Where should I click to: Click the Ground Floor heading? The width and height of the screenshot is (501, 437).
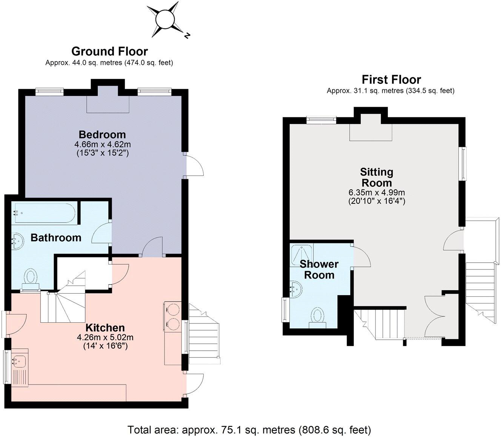point(109,51)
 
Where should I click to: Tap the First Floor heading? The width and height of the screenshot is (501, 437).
point(391,80)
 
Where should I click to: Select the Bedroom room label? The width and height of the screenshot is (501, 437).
point(102,134)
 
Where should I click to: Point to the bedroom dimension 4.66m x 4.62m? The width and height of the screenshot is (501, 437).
point(102,144)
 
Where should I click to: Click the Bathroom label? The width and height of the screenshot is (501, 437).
point(56,238)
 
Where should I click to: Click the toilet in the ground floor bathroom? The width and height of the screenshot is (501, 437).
point(30,278)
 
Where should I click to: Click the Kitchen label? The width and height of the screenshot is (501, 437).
point(105,328)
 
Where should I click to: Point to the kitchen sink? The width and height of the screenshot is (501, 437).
point(19,362)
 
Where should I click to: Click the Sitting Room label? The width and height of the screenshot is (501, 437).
point(376,177)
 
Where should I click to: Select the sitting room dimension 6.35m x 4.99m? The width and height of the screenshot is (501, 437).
point(376,192)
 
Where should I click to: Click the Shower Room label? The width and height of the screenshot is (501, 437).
point(319,269)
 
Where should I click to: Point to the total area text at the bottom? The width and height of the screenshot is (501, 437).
point(249,430)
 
